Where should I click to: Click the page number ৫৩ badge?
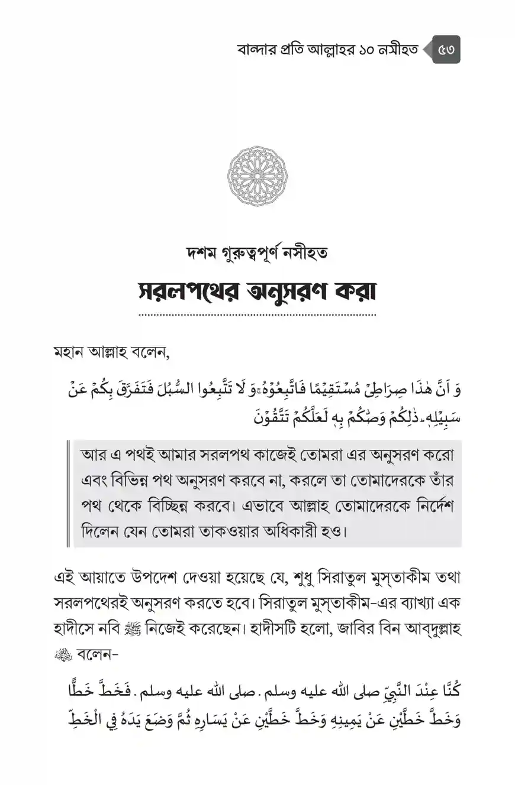pos(445,50)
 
